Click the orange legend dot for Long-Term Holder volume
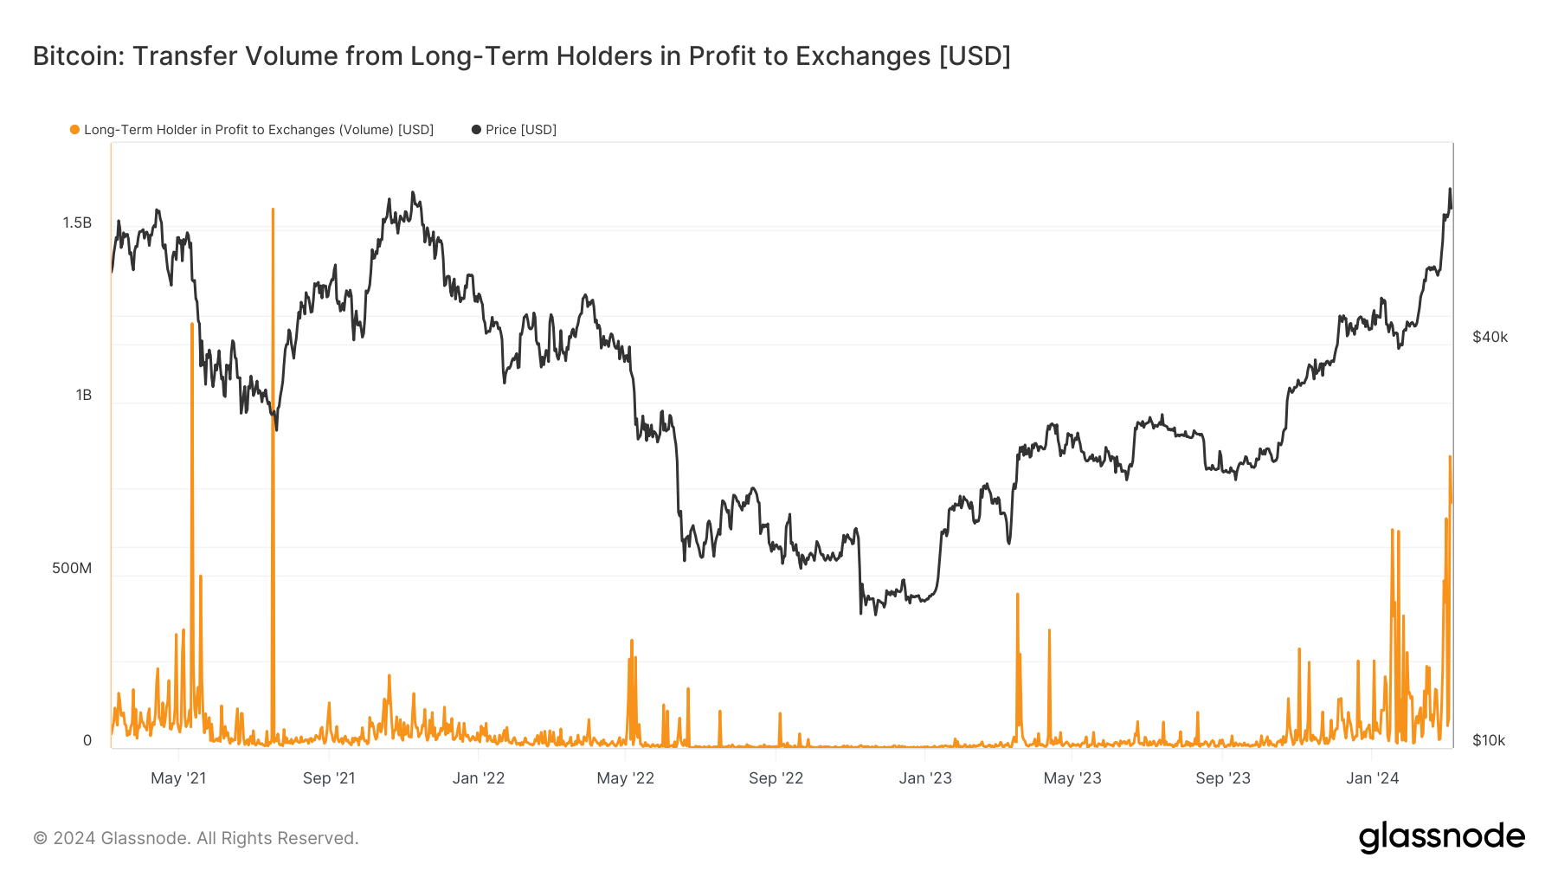pyautogui.click(x=75, y=130)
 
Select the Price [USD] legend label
pyautogui.click(x=520, y=130)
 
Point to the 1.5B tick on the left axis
pyautogui.click(x=77, y=223)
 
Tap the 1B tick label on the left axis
pyautogui.click(x=83, y=396)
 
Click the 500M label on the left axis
pyautogui.click(x=72, y=569)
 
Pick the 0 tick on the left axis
pyautogui.click(x=87, y=741)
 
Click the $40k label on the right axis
pyautogui.click(x=1490, y=338)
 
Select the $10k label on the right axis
pyautogui.click(x=1489, y=741)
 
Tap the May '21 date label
pyautogui.click(x=178, y=778)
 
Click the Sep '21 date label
pyautogui.click(x=329, y=778)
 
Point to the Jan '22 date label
pyautogui.click(x=479, y=778)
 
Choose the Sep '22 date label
pyautogui.click(x=776, y=778)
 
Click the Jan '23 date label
pyautogui.click(x=925, y=778)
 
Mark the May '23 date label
pyautogui.click(x=1072, y=778)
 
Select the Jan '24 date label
pyautogui.click(x=1372, y=778)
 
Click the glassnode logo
pyautogui.click(x=1441, y=837)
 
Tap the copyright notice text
pyautogui.click(x=196, y=838)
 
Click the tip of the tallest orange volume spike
pyautogui.click(x=273, y=210)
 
